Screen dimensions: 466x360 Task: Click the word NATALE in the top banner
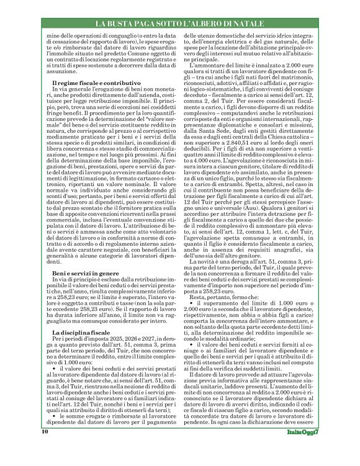pyautogui.click(x=248, y=24)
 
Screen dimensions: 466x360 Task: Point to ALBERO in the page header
pyautogui.click(x=205, y=24)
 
